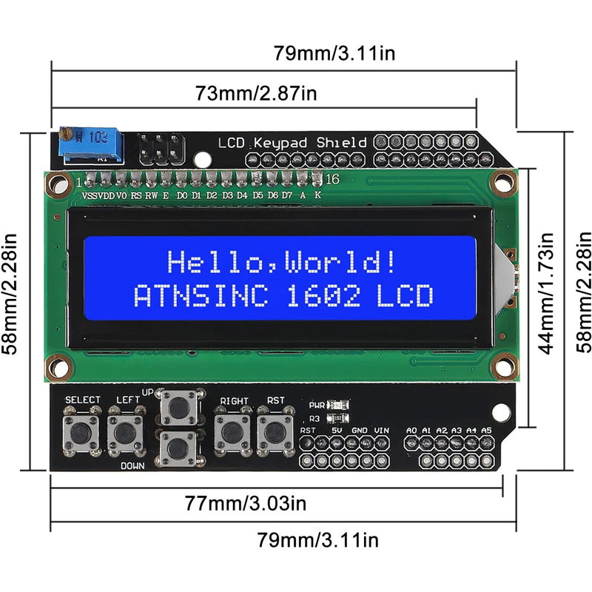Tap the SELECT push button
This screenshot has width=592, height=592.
[x=81, y=429]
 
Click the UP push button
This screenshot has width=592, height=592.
[x=178, y=407]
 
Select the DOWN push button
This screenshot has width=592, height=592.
[x=178, y=447]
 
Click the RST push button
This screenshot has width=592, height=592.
[x=275, y=429]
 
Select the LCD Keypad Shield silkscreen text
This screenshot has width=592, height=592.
[x=292, y=142]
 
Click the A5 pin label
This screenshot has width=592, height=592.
[x=486, y=430]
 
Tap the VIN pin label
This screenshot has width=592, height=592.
[x=382, y=430]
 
